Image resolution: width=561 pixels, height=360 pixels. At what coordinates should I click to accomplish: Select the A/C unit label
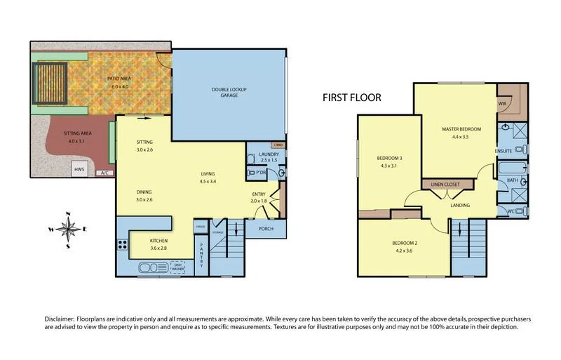tap(104, 173)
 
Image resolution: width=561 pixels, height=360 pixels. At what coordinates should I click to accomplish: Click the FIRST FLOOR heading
tap(351, 98)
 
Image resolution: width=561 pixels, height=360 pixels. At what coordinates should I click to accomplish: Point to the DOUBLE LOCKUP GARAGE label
tap(229, 91)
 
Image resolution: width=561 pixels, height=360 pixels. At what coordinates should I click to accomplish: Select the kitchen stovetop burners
tap(122, 245)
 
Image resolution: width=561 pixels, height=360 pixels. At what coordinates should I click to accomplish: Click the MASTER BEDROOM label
tap(461, 129)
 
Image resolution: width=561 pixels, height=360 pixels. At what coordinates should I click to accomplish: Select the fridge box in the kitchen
tap(200, 227)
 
